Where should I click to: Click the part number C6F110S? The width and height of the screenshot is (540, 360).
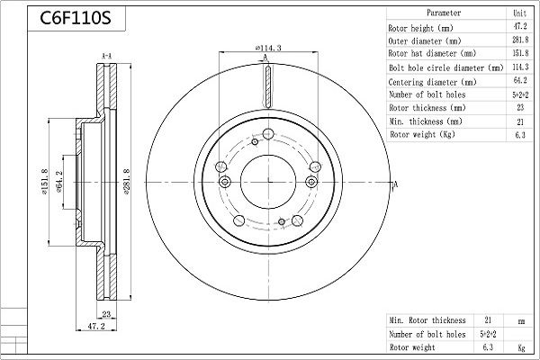(x=76, y=18)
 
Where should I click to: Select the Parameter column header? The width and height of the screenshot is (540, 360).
(x=444, y=13)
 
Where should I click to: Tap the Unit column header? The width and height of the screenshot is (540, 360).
(x=519, y=13)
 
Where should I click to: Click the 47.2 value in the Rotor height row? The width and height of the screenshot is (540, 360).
(x=520, y=26)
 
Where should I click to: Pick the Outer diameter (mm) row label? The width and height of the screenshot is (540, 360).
(x=424, y=41)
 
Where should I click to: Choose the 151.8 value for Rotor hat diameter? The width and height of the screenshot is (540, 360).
(x=520, y=53)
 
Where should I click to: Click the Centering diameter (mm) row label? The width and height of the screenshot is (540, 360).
(x=432, y=82)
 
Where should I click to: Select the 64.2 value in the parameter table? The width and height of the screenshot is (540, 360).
(x=520, y=80)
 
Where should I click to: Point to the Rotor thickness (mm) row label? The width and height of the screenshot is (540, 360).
(x=427, y=108)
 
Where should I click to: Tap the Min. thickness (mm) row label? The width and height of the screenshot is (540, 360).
(x=426, y=121)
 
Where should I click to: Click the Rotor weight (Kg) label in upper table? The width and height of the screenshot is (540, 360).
(x=422, y=134)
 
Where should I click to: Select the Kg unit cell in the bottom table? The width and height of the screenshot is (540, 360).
(x=521, y=347)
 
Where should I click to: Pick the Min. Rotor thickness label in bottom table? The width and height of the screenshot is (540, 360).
(x=427, y=320)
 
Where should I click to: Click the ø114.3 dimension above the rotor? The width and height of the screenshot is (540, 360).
(x=268, y=48)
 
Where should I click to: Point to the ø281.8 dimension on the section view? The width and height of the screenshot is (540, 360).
(x=126, y=182)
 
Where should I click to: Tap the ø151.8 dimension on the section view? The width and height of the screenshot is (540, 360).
(x=45, y=182)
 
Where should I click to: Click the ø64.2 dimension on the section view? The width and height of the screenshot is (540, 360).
(x=58, y=182)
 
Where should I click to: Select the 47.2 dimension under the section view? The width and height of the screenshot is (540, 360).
(x=96, y=326)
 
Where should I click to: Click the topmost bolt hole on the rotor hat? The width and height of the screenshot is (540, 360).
(x=267, y=134)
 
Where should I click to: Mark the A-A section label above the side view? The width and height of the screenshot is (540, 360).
(x=107, y=56)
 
